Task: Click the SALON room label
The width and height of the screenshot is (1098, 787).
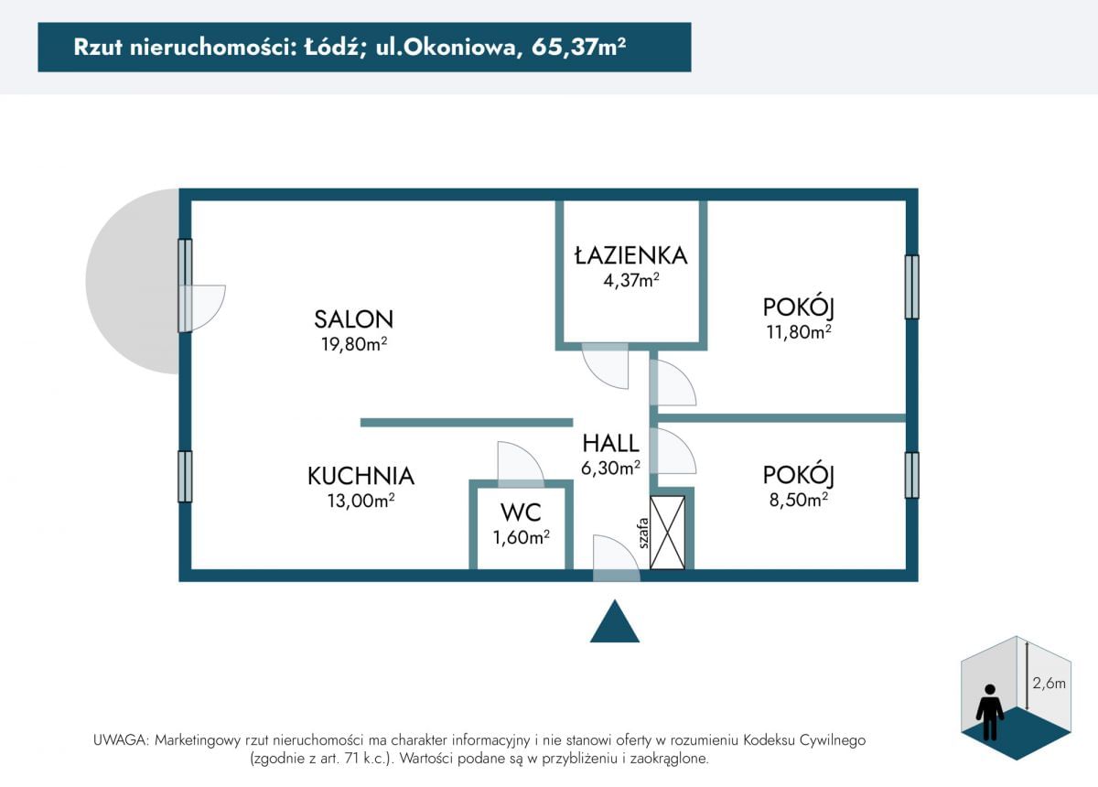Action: point(353,319)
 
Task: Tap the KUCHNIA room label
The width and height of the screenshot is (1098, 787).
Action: point(361,476)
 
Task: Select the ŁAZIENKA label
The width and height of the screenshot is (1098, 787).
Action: point(630,255)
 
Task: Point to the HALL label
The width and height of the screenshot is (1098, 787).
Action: point(610,444)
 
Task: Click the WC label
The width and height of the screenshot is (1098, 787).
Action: point(521,512)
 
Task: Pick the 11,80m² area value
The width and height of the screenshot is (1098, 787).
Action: point(799,332)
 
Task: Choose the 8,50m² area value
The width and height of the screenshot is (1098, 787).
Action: point(799,500)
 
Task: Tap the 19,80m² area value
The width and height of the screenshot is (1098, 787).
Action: point(353,345)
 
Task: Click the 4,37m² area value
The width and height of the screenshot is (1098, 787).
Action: point(630,281)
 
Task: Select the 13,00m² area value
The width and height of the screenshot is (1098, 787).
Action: point(361,501)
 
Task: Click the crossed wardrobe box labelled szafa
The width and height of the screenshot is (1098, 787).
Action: point(667,533)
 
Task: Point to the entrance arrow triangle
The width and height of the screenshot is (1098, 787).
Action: point(614,623)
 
